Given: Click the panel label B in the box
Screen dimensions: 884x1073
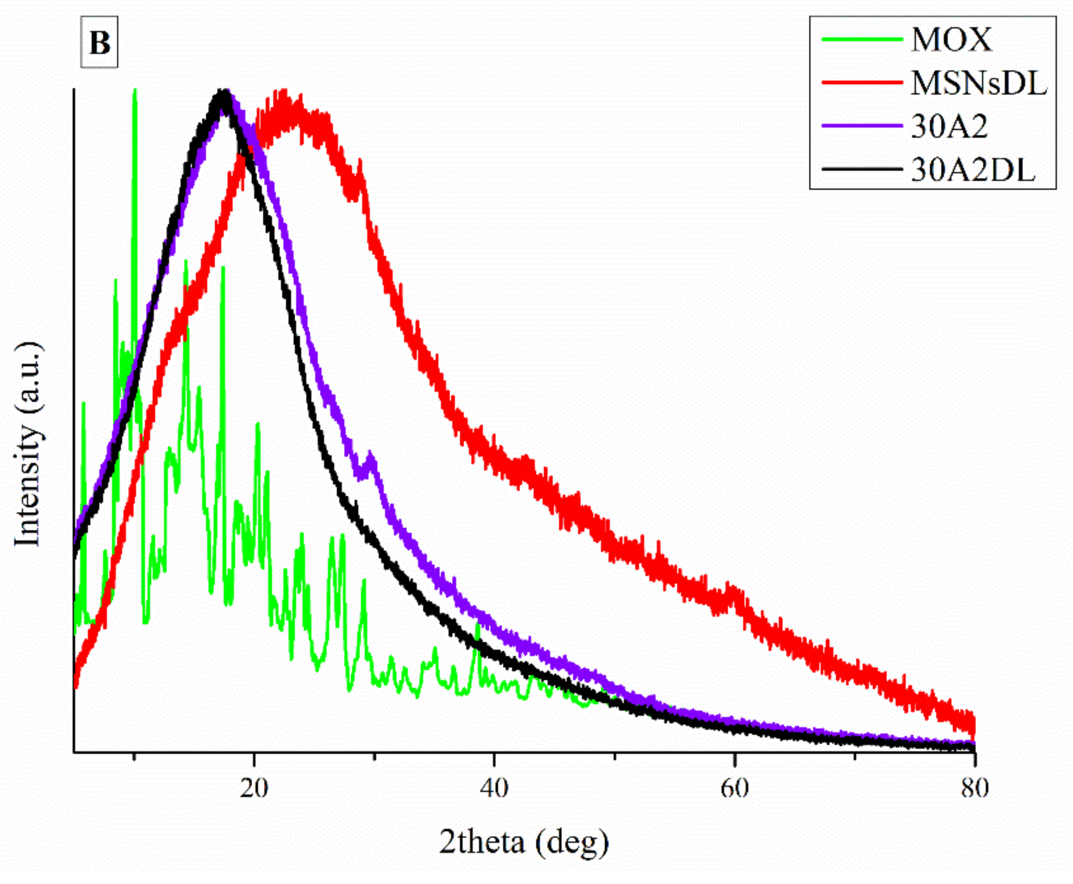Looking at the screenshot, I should (100, 43).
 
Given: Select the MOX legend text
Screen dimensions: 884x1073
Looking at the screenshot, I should (951, 40).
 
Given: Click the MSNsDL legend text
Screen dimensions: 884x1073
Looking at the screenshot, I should (978, 83).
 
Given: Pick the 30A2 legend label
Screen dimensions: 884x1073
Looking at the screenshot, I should (949, 127).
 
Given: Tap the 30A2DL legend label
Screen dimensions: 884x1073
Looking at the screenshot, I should (972, 171).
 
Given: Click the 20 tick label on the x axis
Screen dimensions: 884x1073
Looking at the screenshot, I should (254, 789).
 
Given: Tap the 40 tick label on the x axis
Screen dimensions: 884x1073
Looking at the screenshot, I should (494, 789).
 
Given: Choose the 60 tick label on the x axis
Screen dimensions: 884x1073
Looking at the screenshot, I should (735, 789).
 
